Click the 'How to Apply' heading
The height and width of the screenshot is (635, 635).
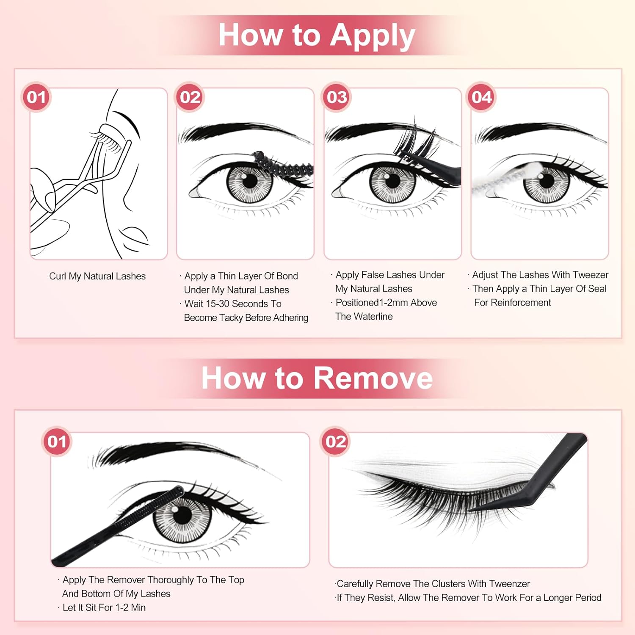[x=317, y=36]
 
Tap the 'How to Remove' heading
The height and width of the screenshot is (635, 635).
[x=317, y=378]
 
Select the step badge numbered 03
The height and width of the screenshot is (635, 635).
[x=337, y=97]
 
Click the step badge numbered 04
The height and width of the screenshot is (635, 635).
[x=481, y=97]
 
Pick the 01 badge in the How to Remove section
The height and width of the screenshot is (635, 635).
[x=57, y=442]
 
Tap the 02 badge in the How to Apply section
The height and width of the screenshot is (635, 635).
[x=190, y=97]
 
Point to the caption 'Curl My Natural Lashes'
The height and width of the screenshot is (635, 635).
[x=97, y=276]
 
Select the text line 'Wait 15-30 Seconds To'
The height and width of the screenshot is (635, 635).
[x=233, y=304]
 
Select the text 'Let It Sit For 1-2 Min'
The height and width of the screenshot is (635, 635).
[x=104, y=608]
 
